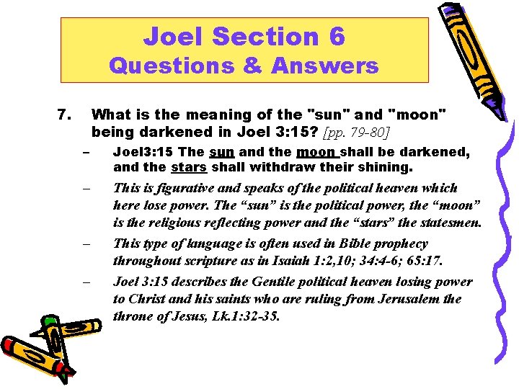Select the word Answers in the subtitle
coord(325,66)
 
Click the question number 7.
coord(63,115)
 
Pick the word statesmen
coord(449,223)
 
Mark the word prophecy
coord(398,243)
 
